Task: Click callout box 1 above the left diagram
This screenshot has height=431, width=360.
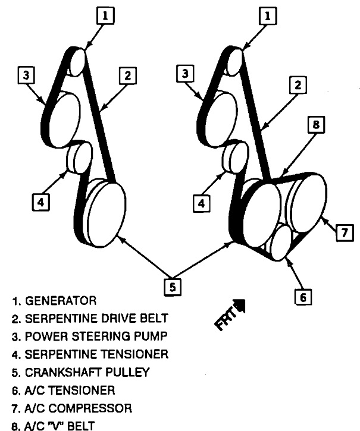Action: pyautogui.click(x=104, y=16)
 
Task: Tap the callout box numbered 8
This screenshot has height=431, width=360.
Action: pyautogui.click(x=316, y=126)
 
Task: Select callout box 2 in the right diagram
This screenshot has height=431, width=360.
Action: pyautogui.click(x=296, y=85)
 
